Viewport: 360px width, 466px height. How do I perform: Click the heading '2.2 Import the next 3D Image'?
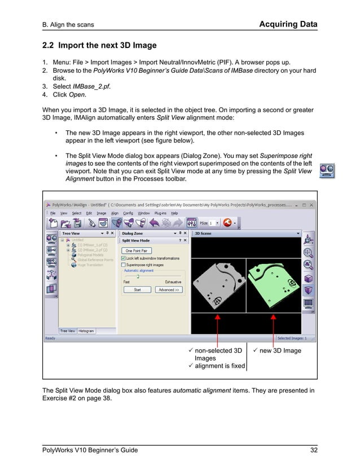pos(99,45)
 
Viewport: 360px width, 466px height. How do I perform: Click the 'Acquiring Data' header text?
pos(288,24)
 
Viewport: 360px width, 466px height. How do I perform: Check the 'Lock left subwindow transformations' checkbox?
pos(124,258)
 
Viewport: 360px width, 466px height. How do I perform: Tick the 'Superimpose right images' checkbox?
pos(124,264)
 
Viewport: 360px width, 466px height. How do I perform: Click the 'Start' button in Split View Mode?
pos(137,289)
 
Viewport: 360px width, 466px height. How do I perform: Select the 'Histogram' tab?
pos(86,331)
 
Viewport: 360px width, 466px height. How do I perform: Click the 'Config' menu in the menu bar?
pos(128,213)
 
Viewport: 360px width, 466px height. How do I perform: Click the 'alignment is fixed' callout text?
pos(219,366)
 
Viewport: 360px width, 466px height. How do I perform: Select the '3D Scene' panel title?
pos(204,233)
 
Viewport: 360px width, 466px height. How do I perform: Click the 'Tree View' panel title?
pos(71,233)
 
